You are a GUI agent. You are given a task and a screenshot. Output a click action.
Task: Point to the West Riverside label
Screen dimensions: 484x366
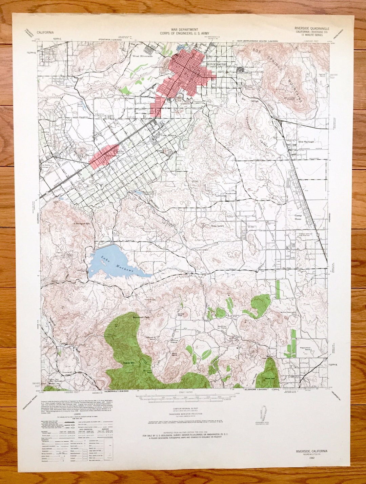[x=143, y=56]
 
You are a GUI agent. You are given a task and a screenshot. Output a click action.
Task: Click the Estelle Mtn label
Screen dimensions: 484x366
[x=129, y=363]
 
